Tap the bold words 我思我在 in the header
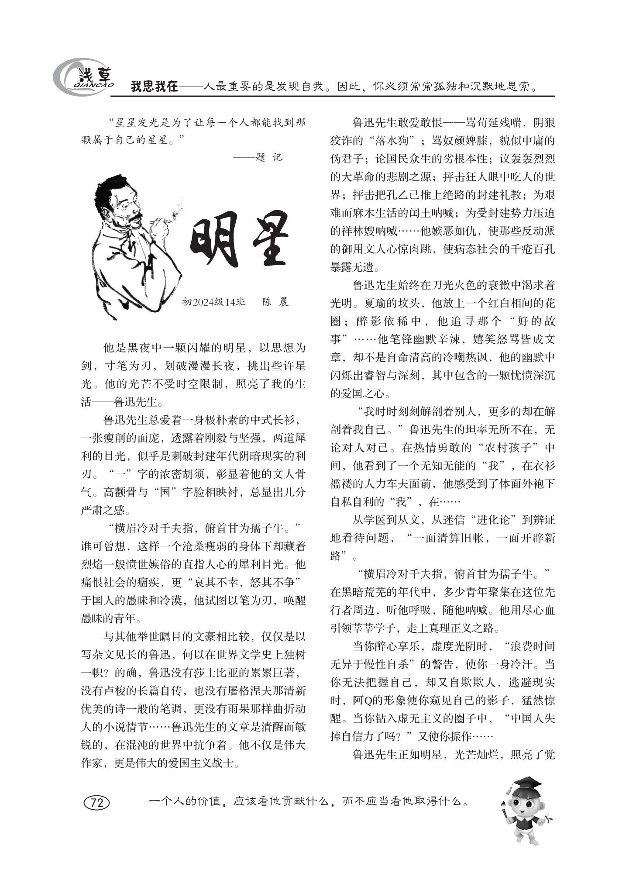(x=155, y=87)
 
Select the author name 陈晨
(x=275, y=302)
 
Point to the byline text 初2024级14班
(x=213, y=302)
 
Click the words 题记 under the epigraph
(x=269, y=157)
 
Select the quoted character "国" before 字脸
(x=165, y=492)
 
